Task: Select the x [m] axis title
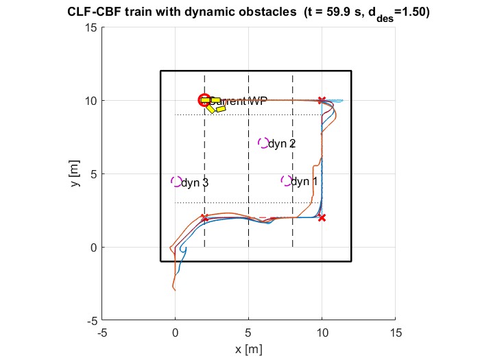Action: tap(248, 349)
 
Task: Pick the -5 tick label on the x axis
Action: tap(102, 333)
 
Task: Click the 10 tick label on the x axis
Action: tap(322, 333)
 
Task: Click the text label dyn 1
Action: tap(304, 182)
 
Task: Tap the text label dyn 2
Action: tap(282, 144)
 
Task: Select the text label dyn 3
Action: tap(195, 183)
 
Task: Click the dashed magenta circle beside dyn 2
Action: tap(263, 143)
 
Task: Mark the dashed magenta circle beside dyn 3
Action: tap(176, 182)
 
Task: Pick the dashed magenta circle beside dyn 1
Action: tap(286, 181)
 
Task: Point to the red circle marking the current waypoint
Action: tap(204, 101)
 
